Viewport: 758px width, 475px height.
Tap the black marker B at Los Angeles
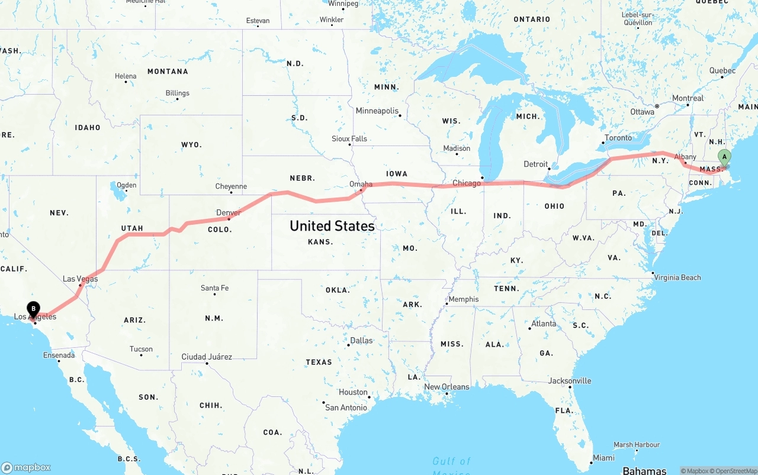(x=34, y=308)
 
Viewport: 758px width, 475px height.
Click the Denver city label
(x=229, y=213)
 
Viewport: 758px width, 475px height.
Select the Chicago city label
(x=467, y=183)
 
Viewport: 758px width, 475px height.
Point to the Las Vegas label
(x=81, y=279)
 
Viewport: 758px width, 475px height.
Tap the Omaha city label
(x=361, y=184)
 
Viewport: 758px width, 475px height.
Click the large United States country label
(x=332, y=226)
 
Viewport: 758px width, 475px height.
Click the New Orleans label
(x=447, y=387)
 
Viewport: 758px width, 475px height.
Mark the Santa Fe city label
(x=214, y=288)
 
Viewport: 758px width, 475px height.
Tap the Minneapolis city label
(x=377, y=111)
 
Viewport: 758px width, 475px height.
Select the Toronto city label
(x=618, y=138)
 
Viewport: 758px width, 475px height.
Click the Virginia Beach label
(x=677, y=277)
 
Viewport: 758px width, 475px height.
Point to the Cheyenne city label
(x=231, y=186)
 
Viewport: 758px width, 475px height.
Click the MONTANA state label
(x=168, y=72)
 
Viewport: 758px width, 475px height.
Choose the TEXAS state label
(x=319, y=362)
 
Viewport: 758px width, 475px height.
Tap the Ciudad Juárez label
(x=207, y=357)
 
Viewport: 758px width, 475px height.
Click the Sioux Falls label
(x=349, y=139)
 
